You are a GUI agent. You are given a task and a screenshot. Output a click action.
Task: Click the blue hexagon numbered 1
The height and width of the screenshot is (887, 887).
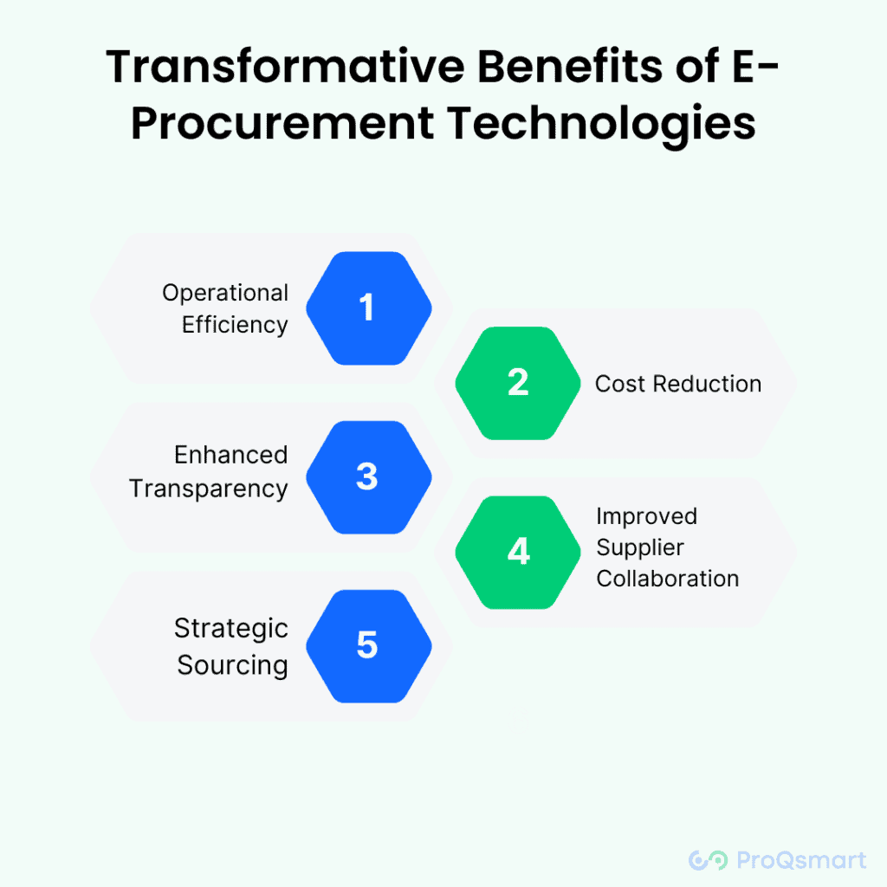[369, 308]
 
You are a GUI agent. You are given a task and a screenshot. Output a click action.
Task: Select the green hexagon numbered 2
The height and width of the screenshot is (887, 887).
[518, 383]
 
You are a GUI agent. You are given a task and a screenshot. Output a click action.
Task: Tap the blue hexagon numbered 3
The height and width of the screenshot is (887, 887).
[369, 477]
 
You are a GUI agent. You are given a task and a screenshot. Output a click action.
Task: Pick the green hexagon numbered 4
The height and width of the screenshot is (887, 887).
[518, 552]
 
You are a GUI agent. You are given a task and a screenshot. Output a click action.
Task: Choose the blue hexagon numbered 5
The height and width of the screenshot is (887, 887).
[369, 646]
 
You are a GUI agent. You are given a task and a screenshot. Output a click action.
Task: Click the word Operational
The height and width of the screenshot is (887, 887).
[225, 294]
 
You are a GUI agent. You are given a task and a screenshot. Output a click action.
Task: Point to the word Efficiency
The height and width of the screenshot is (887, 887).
[235, 326]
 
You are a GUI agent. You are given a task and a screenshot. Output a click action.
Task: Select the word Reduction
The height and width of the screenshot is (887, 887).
[707, 384]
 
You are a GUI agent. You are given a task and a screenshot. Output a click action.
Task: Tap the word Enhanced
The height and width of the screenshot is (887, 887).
[230, 455]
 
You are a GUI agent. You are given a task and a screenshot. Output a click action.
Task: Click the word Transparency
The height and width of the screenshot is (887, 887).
[209, 489]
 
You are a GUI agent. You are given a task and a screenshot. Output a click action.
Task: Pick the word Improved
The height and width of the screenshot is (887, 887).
[646, 517]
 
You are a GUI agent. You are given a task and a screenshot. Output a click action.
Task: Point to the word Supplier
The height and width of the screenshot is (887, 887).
[640, 548]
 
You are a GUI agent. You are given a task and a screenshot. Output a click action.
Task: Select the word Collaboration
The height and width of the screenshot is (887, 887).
[668, 579]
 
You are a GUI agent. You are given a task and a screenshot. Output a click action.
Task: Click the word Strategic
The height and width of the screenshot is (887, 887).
[231, 629]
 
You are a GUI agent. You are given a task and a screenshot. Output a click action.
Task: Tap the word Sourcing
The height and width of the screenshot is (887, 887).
[232, 665]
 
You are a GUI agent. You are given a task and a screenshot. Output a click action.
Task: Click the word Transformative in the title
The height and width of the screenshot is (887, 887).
[285, 67]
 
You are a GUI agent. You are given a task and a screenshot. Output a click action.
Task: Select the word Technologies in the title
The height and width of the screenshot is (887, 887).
[602, 125]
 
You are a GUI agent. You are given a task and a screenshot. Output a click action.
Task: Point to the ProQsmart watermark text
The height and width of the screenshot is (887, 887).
[801, 860]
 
